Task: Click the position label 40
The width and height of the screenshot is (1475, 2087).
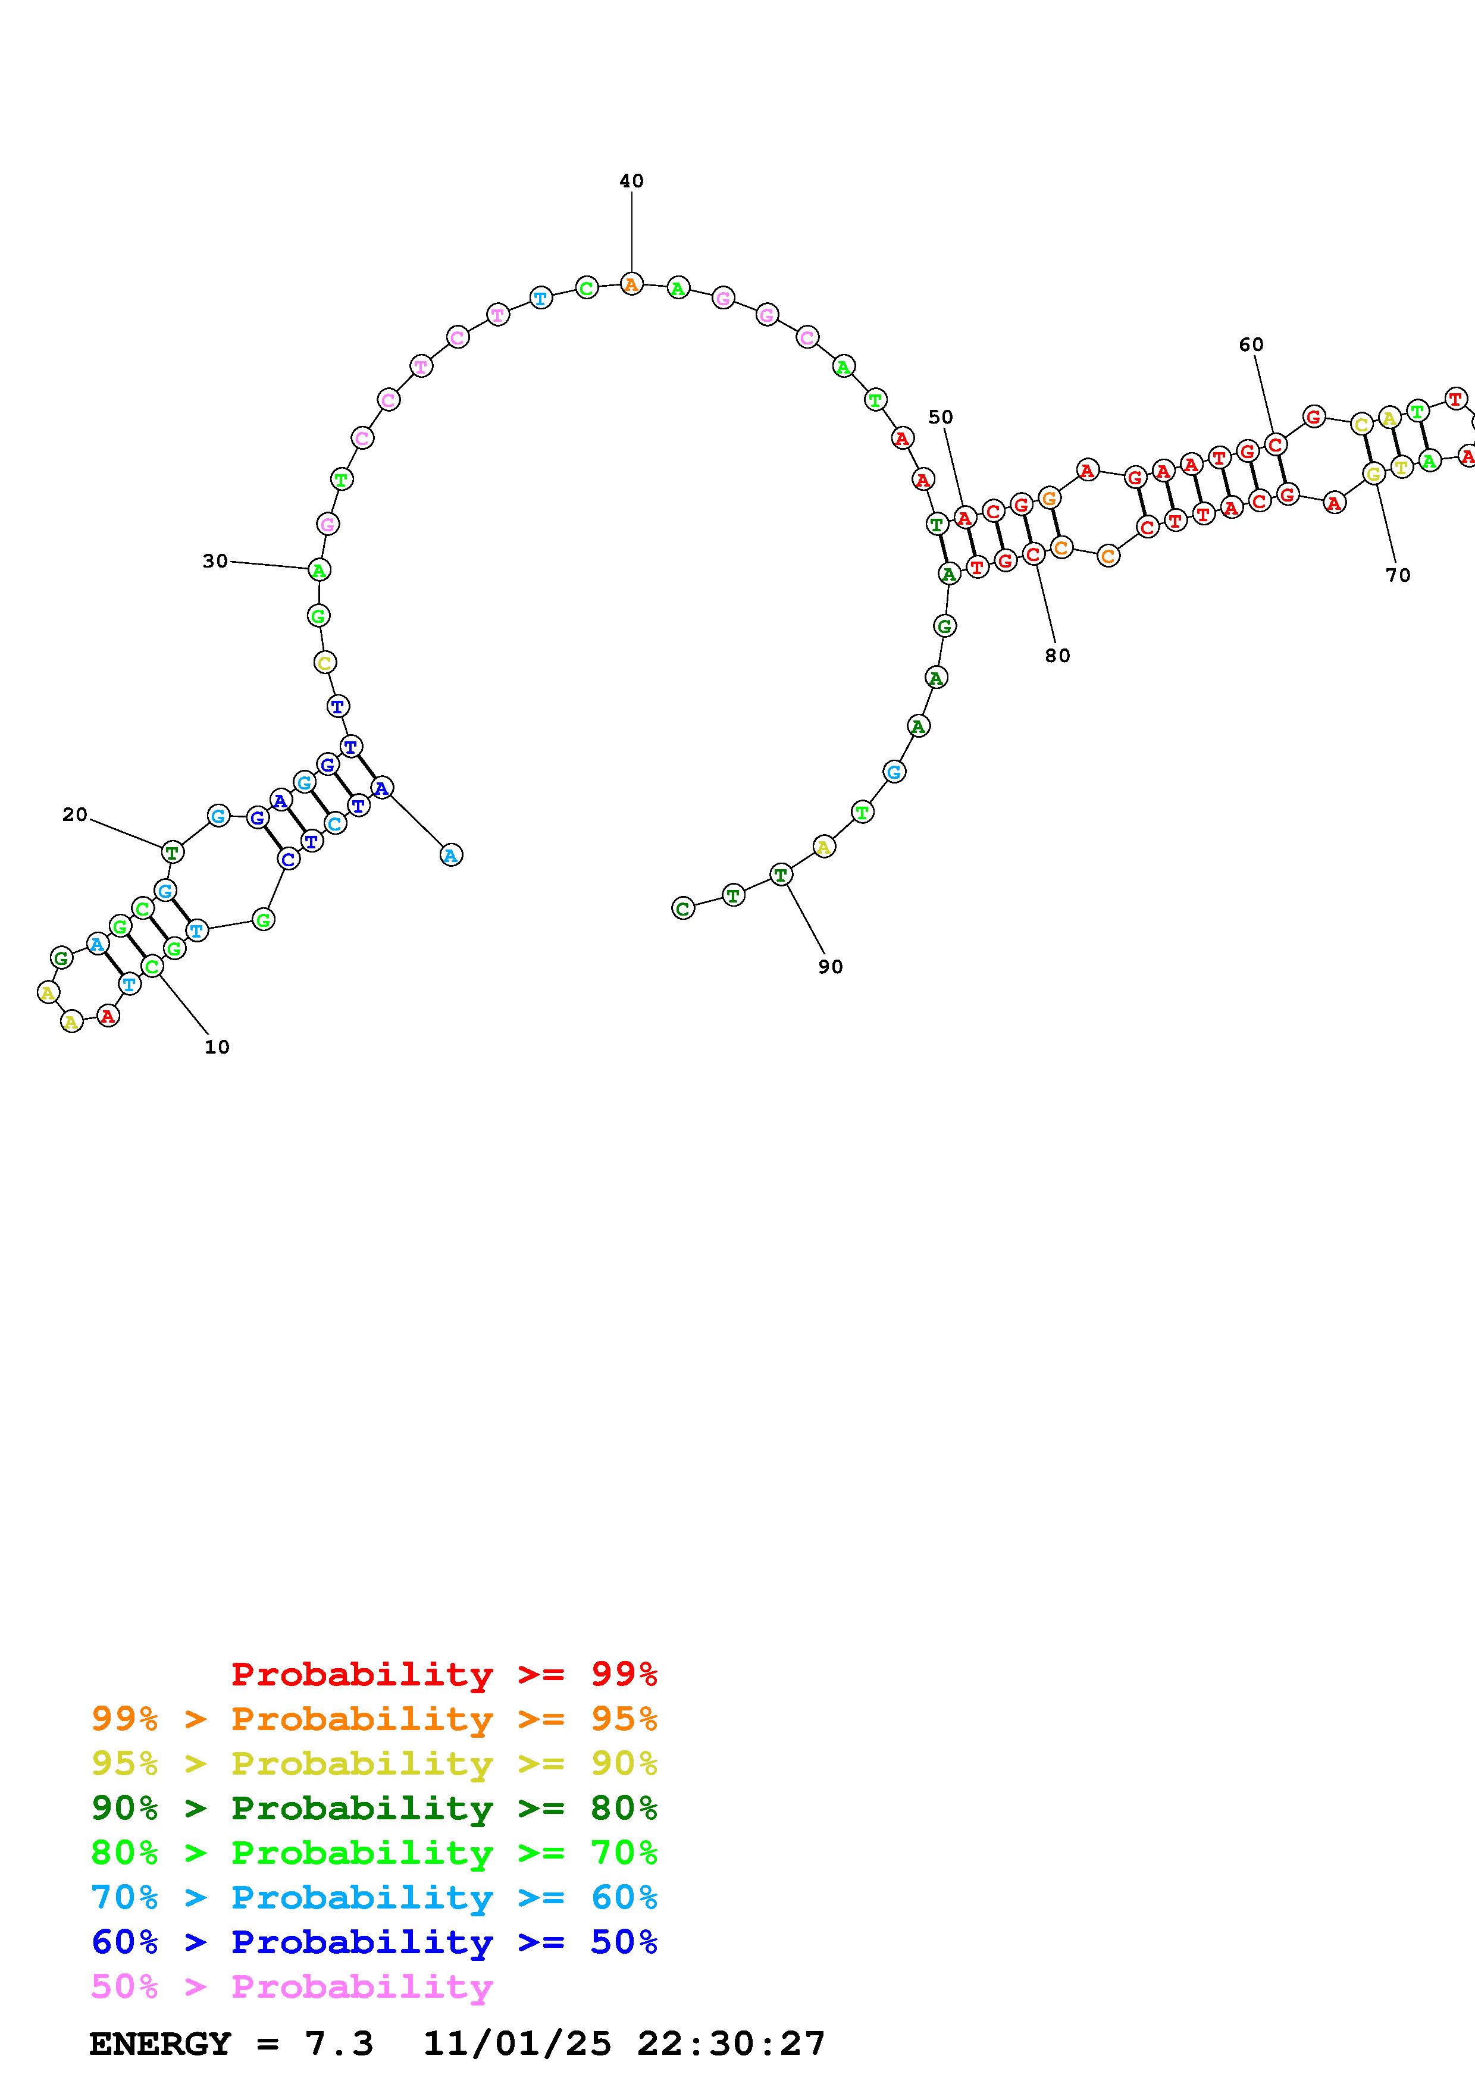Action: pos(632,181)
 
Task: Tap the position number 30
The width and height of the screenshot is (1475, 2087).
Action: pos(215,561)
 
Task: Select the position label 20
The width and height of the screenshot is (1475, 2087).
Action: pos(76,814)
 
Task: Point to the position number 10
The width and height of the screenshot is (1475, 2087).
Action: pos(217,1047)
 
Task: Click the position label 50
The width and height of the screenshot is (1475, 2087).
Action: pos(941,417)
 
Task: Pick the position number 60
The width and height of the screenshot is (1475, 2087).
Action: pos(1251,344)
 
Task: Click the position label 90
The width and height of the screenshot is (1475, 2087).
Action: pos(831,967)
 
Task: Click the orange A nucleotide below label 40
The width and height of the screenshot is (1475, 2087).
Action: pos(632,284)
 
